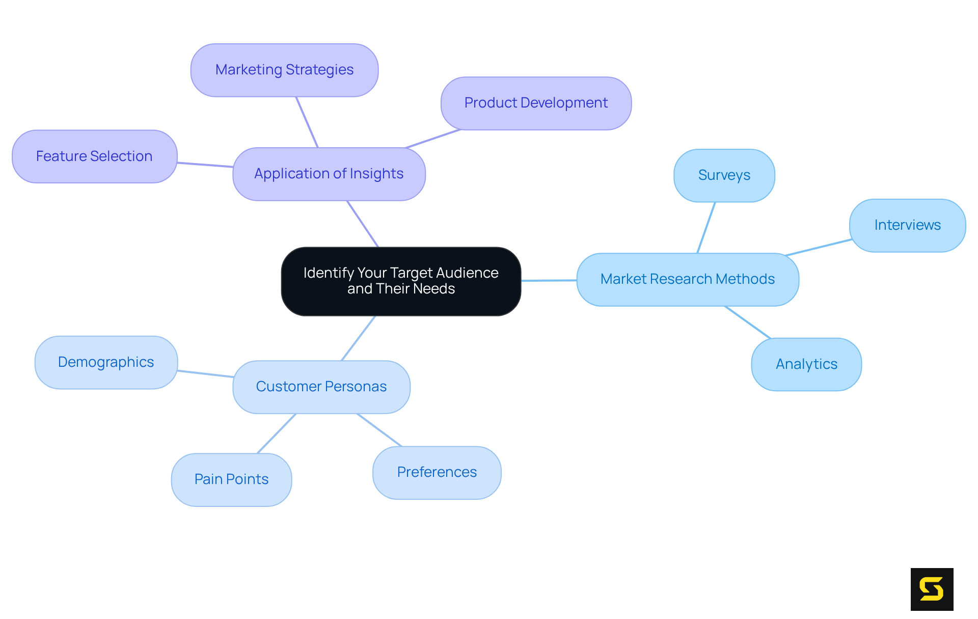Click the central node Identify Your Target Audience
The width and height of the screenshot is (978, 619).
(x=401, y=281)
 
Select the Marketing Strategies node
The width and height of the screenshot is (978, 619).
(x=284, y=70)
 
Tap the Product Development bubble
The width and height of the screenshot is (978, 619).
(x=536, y=103)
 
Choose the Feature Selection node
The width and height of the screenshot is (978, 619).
(x=94, y=156)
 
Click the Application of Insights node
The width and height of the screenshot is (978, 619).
(x=329, y=174)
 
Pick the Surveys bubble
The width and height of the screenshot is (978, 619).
(x=724, y=175)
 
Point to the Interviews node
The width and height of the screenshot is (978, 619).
(x=907, y=225)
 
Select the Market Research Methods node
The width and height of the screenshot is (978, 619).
(x=687, y=279)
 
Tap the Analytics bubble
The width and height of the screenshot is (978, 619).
(x=806, y=364)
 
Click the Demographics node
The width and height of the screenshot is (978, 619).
(x=106, y=362)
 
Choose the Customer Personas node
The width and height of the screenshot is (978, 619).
(x=321, y=387)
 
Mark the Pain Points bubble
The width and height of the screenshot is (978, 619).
(x=231, y=479)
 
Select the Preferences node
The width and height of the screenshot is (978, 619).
(x=437, y=472)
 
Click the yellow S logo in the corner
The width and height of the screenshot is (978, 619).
(x=932, y=589)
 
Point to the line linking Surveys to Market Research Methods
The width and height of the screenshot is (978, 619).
(x=706, y=228)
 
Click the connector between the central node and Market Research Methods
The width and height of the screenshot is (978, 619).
(x=549, y=280)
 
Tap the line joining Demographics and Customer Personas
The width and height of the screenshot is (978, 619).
(x=205, y=374)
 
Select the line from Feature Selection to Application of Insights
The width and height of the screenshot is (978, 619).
(x=205, y=165)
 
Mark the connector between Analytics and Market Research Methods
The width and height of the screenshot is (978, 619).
(x=748, y=322)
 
